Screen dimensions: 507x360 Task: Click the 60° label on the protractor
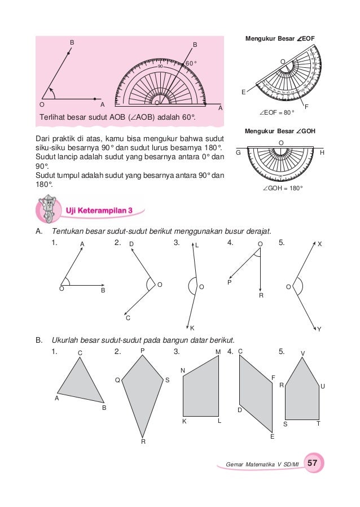(191, 63)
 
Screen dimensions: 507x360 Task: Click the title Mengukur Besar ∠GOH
(280, 131)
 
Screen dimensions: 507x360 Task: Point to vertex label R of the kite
(143, 442)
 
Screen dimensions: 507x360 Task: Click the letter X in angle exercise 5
(319, 244)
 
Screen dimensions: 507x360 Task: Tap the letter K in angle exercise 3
(192, 328)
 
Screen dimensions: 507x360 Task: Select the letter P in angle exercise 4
(230, 282)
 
